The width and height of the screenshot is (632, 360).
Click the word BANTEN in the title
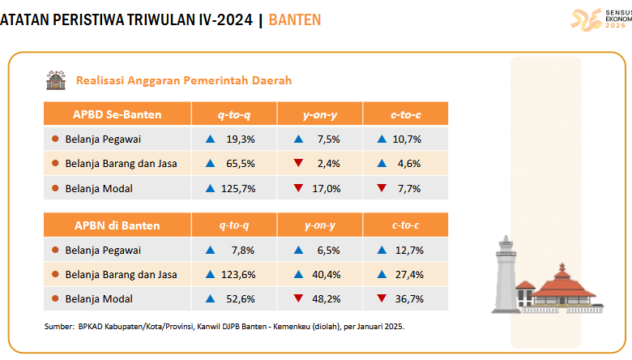[293, 19]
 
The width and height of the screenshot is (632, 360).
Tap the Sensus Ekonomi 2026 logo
[600, 19]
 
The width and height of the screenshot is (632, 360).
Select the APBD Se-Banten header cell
[117, 114]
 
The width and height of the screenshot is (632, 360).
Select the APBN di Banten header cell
[117, 225]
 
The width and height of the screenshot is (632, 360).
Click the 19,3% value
[242, 139]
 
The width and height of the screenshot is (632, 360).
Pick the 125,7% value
[239, 188]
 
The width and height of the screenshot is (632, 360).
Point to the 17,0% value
[327, 188]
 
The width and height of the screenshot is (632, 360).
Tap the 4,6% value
[410, 164]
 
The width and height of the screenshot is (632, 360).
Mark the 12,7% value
[410, 250]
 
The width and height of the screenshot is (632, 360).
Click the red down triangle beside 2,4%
[298, 164]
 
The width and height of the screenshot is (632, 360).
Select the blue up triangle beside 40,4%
[298, 274]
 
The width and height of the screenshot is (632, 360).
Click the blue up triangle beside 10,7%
[382, 139]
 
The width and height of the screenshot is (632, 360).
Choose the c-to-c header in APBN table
[405, 225]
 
